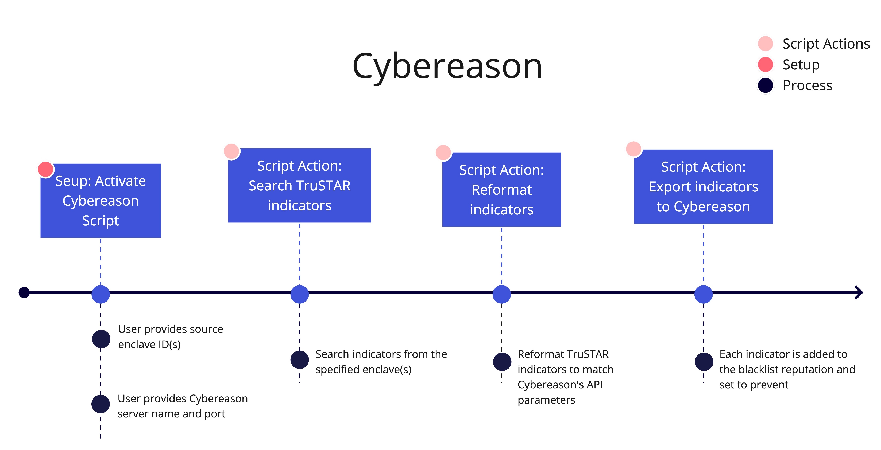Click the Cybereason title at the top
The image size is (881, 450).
click(447, 67)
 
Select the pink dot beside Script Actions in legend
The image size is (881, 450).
click(765, 44)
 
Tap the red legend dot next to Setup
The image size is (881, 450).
click(765, 65)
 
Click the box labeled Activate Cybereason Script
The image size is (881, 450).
click(101, 201)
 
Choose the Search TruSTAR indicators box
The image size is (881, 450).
click(300, 186)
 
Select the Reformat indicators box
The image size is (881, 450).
click(502, 190)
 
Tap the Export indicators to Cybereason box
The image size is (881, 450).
click(704, 187)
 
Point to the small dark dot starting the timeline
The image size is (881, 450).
click(24, 292)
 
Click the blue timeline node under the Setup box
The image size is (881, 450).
click(101, 294)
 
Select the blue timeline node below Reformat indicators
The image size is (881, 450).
click(502, 294)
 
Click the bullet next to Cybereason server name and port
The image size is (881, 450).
click(101, 404)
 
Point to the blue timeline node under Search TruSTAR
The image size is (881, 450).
click(300, 294)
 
